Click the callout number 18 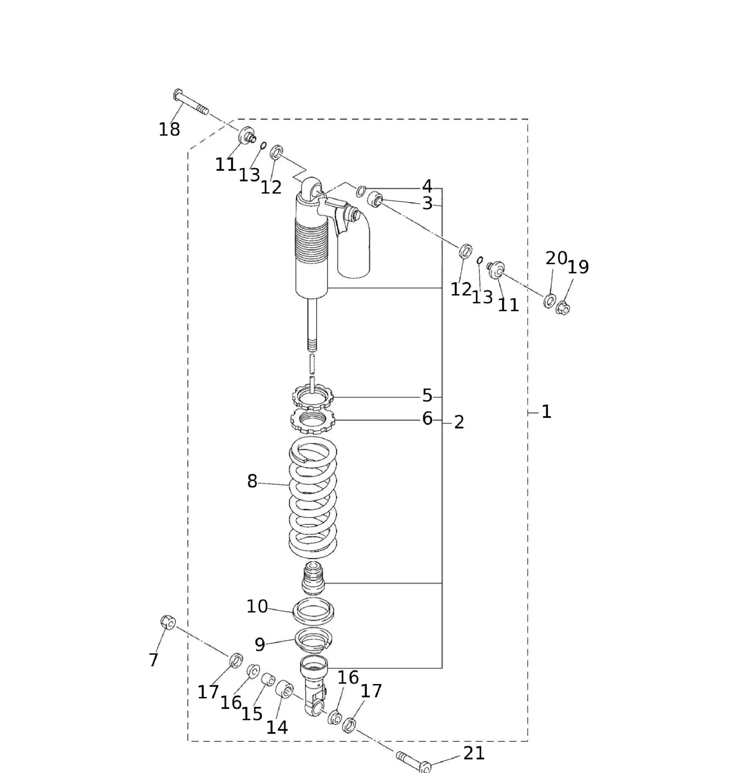(169, 129)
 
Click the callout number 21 (474, 753)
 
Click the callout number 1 (546, 412)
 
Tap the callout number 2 (459, 422)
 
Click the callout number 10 (257, 606)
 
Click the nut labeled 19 (563, 308)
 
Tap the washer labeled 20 (550, 301)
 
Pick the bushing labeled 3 (376, 199)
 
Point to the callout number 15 (252, 713)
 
